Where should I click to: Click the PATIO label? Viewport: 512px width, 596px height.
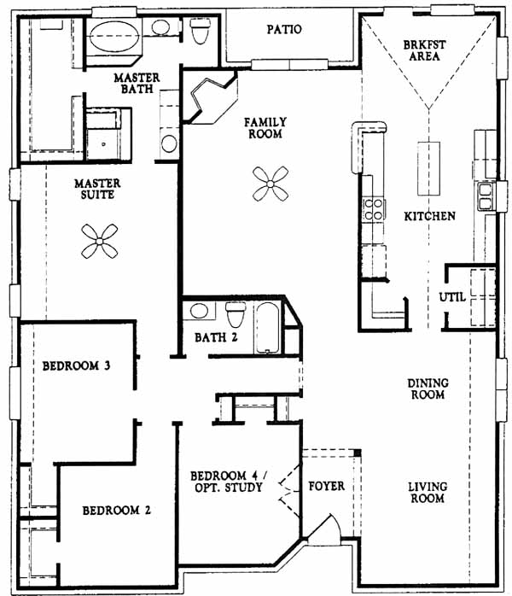pyautogui.click(x=284, y=29)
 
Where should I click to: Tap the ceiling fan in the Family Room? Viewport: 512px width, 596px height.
pyautogui.click(x=271, y=184)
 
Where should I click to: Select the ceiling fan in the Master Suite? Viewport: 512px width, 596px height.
pyautogui.click(x=100, y=242)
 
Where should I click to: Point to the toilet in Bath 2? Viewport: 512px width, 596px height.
pyautogui.click(x=236, y=314)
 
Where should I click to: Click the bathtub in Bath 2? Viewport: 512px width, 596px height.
pyautogui.click(x=267, y=328)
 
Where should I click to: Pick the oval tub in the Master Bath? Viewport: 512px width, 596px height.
pyautogui.click(x=113, y=36)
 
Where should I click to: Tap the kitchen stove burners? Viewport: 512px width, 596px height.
pyautogui.click(x=373, y=209)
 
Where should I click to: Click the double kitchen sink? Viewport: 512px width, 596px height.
pyautogui.click(x=486, y=196)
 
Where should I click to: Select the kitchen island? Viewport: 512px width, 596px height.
pyautogui.click(x=429, y=168)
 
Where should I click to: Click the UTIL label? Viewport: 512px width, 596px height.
pyautogui.click(x=452, y=297)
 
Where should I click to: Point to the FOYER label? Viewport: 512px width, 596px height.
pyautogui.click(x=326, y=486)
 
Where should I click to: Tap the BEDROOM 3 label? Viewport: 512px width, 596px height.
pyautogui.click(x=76, y=365)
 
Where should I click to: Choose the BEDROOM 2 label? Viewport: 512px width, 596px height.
pyautogui.click(x=117, y=510)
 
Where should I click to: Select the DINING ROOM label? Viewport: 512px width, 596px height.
pyautogui.click(x=428, y=389)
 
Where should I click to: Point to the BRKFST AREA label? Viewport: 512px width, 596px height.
pyautogui.click(x=424, y=50)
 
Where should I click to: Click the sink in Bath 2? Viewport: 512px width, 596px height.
pyautogui.click(x=199, y=311)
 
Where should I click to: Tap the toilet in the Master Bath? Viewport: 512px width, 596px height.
pyautogui.click(x=200, y=30)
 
